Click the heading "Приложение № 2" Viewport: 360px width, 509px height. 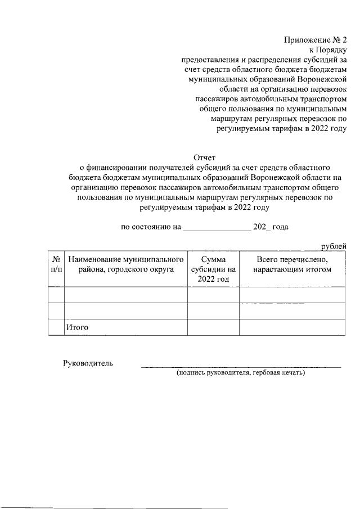click(x=316, y=40)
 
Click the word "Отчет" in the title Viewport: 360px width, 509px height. click(x=204, y=157)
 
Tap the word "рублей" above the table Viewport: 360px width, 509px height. click(x=333, y=246)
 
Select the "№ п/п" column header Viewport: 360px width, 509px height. click(x=56, y=264)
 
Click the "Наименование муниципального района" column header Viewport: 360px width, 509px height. click(x=126, y=264)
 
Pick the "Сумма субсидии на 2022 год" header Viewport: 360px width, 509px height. click(x=213, y=269)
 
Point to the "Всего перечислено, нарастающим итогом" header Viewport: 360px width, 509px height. click(x=292, y=264)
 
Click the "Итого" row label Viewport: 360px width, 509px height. click(x=78, y=327)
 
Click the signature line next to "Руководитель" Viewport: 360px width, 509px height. click(x=241, y=366)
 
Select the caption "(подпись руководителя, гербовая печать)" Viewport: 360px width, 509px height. click(x=241, y=373)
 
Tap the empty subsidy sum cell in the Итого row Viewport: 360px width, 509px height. click(x=213, y=327)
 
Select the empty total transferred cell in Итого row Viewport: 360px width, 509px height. click(x=292, y=327)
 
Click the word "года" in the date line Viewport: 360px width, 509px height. click(x=280, y=227)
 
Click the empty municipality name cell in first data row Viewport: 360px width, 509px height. click(x=126, y=295)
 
